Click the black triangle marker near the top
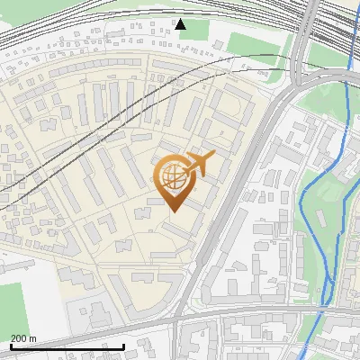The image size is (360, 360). pyautogui.click(x=181, y=23)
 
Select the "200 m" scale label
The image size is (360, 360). pyautogui.click(x=23, y=337)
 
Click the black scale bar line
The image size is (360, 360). pyautogui.click(x=67, y=346)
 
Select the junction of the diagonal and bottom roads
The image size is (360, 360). pyautogui.click(x=180, y=317)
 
